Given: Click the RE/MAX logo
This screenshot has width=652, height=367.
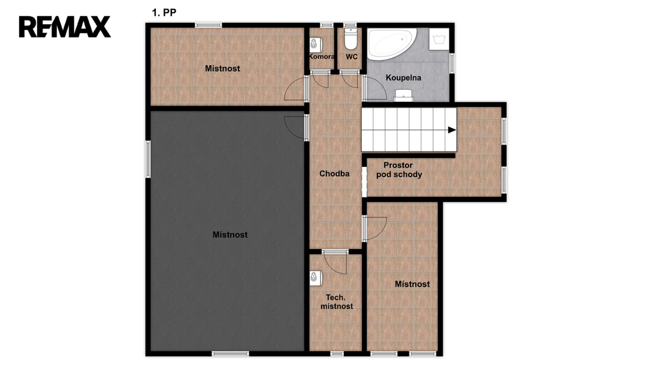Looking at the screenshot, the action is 65,27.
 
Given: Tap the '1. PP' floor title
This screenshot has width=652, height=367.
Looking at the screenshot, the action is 164,13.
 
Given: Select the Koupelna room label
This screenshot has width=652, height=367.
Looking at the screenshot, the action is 403,77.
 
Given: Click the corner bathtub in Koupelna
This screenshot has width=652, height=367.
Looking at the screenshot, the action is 392,43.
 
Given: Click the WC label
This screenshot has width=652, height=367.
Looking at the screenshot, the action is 351,57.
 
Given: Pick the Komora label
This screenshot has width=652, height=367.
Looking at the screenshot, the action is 322,57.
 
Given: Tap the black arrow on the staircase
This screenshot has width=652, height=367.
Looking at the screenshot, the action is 451,130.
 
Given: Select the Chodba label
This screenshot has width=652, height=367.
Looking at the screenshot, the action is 334,173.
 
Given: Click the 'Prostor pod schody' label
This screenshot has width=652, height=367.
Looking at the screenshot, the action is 399,169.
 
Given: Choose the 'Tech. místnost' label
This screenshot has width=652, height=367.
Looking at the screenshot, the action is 336,301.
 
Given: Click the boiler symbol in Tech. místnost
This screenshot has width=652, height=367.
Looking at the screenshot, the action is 316,278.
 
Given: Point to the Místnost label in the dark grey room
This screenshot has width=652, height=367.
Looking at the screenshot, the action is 230,234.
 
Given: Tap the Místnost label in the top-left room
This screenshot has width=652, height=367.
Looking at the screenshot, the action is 222,68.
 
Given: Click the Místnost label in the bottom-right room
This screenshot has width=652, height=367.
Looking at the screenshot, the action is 412,284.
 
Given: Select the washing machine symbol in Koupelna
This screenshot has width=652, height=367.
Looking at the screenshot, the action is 439,40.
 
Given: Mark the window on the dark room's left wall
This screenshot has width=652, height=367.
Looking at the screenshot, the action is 148,159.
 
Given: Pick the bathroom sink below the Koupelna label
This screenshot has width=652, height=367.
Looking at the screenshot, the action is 403,96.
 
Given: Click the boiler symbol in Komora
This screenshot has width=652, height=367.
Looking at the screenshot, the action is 316,44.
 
